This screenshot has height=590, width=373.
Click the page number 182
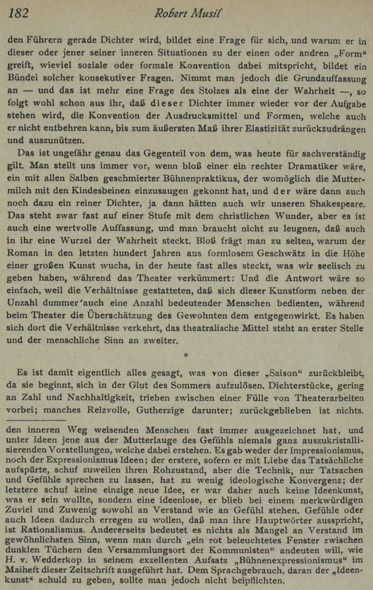(x=18, y=13)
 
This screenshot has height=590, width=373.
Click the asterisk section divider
(x=186, y=356)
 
